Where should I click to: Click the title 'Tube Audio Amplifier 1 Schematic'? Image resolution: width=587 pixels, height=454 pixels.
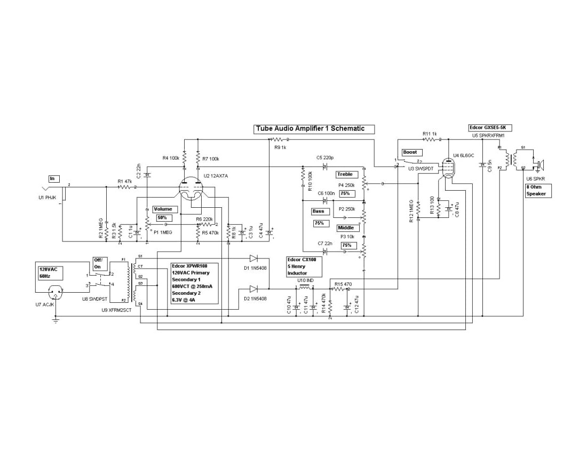pos(314,129)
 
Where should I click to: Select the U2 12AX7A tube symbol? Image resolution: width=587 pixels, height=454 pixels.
pos(193,190)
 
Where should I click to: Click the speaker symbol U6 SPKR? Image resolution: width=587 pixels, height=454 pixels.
pos(539,165)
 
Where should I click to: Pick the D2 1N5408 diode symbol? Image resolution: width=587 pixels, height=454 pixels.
pos(253,289)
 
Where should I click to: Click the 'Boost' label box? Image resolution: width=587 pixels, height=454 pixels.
pos(410,152)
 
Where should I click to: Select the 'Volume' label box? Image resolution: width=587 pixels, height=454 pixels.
pos(163,209)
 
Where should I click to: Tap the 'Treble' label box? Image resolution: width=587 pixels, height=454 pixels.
pos(345,175)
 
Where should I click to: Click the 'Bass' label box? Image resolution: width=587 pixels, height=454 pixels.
pos(319,212)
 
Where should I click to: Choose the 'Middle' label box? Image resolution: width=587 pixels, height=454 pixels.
pos(346,228)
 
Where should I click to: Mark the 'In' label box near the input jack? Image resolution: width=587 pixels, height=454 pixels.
pos(53,178)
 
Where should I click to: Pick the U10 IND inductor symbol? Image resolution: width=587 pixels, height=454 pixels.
pos(305,287)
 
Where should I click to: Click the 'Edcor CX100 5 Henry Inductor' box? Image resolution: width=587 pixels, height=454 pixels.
pos(302,266)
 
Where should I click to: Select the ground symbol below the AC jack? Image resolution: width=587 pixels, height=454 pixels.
pos(55,320)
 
